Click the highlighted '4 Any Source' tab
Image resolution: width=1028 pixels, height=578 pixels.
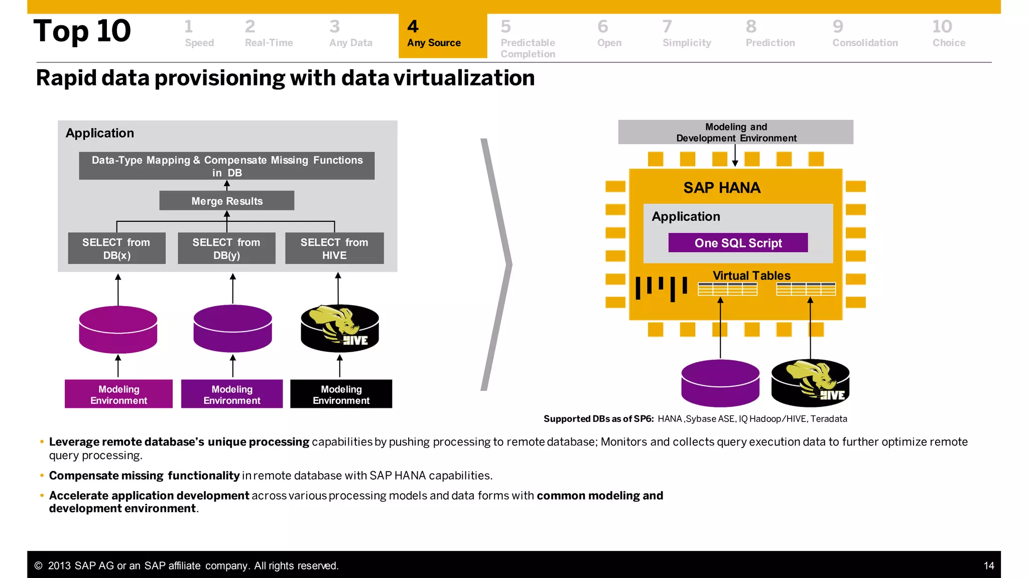(442, 36)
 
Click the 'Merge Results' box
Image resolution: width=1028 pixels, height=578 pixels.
(226, 201)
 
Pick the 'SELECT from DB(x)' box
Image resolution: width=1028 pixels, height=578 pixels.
(116, 248)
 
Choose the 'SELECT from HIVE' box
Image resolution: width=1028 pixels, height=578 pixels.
(334, 248)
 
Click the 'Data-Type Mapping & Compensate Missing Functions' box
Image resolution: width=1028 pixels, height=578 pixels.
(226, 166)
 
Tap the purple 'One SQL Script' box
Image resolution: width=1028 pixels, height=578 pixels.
(738, 243)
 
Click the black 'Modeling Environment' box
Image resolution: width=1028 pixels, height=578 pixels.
(341, 394)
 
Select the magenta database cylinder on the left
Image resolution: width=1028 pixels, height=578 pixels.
(118, 329)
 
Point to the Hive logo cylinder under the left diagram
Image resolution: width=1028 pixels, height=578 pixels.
(340, 329)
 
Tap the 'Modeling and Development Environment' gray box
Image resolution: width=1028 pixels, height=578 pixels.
(735, 132)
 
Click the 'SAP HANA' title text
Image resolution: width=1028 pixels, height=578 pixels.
(722, 188)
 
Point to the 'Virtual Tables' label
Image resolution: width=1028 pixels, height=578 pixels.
(751, 275)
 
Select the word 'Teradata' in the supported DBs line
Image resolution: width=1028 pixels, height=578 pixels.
(828, 419)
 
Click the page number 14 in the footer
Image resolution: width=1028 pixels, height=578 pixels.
(988, 566)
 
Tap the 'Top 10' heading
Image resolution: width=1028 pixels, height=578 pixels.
(82, 31)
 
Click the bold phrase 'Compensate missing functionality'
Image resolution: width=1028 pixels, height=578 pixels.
(144, 476)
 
